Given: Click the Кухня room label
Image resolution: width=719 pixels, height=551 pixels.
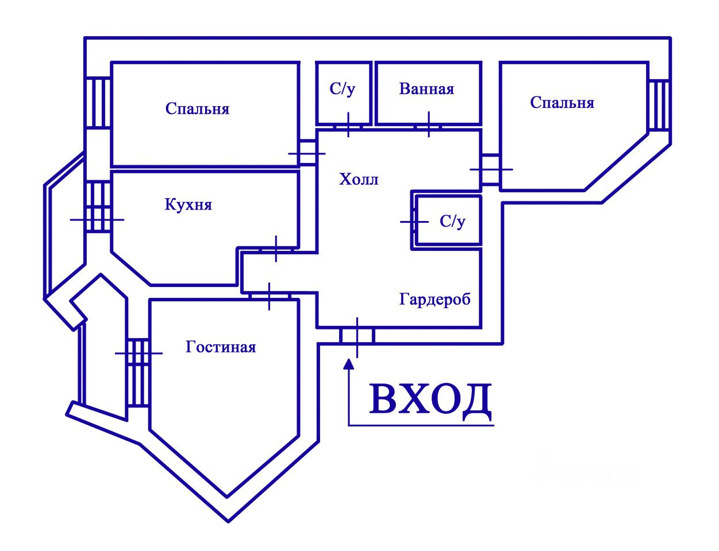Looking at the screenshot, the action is point(188,205).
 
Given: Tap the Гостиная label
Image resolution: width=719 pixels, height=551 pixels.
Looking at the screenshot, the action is point(220,347).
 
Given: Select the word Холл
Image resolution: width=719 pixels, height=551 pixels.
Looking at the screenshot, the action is point(359,179).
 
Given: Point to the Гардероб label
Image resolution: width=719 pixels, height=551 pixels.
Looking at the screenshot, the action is point(435,299).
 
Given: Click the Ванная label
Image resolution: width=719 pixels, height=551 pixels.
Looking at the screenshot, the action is point(426,89).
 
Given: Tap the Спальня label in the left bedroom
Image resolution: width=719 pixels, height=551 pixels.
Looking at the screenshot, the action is point(197,108).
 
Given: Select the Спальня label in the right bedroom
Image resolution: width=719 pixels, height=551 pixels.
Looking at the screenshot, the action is point(562,103).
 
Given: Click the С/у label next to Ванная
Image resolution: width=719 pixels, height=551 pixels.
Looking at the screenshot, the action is point(343,89).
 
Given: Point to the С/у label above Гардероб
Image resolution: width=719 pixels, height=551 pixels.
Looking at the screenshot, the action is point(452,221).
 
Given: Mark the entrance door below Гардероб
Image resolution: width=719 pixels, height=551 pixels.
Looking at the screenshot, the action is point(357,336).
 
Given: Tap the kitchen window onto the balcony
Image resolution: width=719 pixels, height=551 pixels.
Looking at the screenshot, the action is point(98,207).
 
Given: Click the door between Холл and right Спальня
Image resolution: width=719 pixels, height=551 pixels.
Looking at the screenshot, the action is point(490,169).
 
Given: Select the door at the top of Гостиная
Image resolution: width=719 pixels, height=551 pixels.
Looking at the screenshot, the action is point(270,296).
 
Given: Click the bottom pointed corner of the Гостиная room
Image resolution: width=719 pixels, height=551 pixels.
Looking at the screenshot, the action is point(227,496).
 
